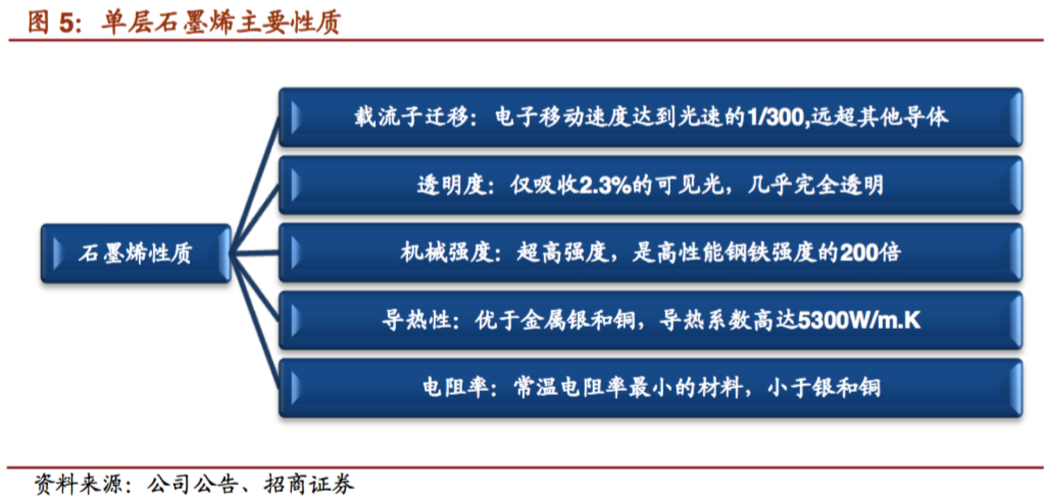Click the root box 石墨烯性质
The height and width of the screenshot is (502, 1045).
(x=136, y=254)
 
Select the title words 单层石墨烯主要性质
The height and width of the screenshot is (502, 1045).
(x=221, y=22)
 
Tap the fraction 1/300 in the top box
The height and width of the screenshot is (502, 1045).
(x=778, y=117)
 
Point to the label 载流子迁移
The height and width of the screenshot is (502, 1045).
(x=412, y=117)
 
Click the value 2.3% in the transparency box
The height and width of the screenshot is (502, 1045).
(x=605, y=185)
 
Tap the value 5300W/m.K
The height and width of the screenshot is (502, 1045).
(x=859, y=320)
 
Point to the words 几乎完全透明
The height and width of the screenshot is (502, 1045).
(x=815, y=185)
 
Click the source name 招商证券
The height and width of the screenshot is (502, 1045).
(x=309, y=484)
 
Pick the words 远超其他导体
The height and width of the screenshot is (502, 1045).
(x=880, y=117)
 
